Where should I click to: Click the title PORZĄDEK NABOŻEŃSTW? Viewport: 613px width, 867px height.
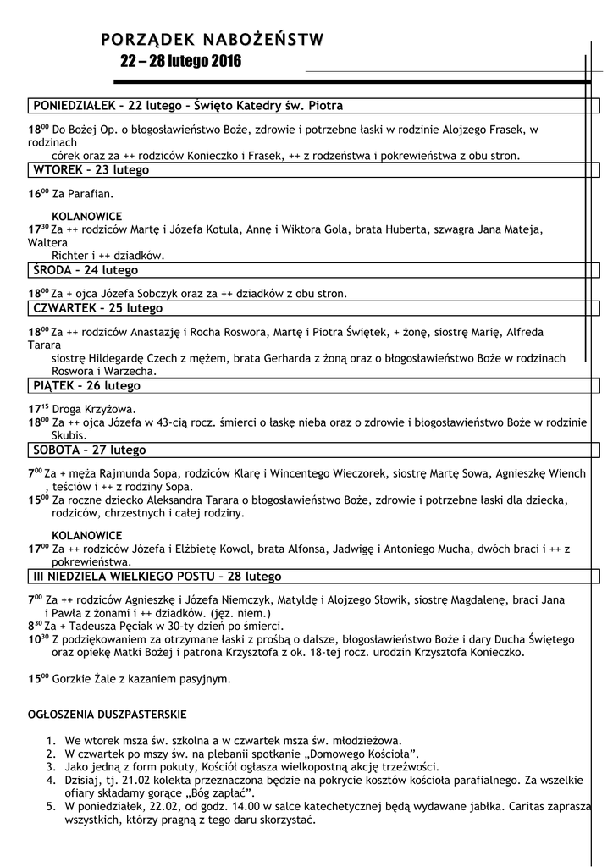point(212,39)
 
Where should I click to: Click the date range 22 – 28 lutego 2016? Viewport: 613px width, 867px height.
point(180,62)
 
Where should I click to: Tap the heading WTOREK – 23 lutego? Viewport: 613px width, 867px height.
point(91,170)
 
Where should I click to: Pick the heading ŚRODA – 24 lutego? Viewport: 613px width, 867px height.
point(85,270)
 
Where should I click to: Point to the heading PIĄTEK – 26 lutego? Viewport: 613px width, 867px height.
point(86,385)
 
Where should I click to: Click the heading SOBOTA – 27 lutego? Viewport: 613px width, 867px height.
point(89,450)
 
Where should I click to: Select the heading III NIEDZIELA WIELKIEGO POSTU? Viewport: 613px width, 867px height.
point(157,577)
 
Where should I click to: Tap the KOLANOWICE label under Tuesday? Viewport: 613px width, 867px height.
point(86,216)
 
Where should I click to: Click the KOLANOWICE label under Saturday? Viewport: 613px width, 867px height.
point(86,535)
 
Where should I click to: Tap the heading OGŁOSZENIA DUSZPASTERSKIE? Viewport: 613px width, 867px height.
point(108,715)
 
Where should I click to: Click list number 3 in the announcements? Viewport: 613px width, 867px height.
point(51,766)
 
